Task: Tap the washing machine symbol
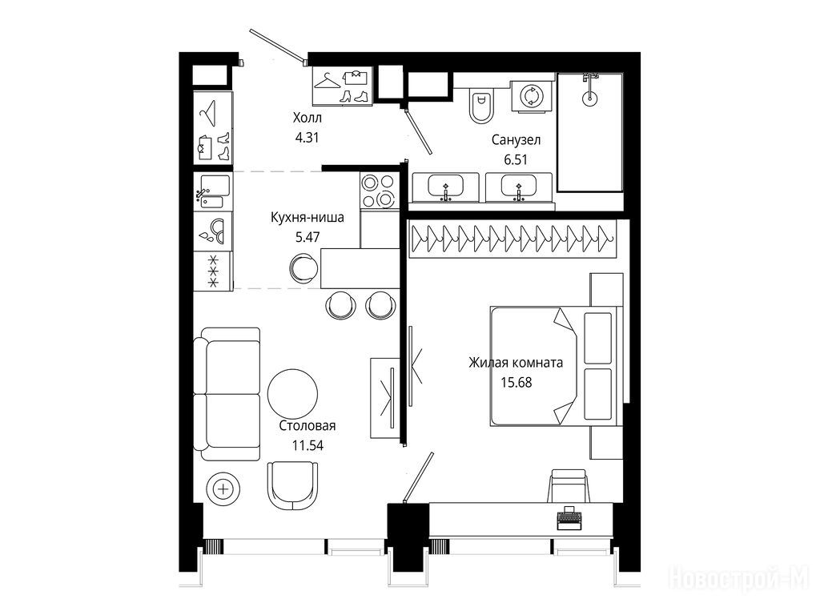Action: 532,96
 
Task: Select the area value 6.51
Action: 516,159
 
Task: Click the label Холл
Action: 307,118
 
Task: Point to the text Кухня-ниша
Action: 307,217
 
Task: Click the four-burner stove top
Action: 379,191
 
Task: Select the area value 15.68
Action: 517,382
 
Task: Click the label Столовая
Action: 307,426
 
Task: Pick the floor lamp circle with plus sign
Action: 224,489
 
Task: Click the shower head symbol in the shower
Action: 590,88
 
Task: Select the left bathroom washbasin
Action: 445,187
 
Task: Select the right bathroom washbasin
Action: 518,187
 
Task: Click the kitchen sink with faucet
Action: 213,191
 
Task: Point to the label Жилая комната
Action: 516,363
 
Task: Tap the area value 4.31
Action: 307,138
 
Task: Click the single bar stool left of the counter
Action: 303,267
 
